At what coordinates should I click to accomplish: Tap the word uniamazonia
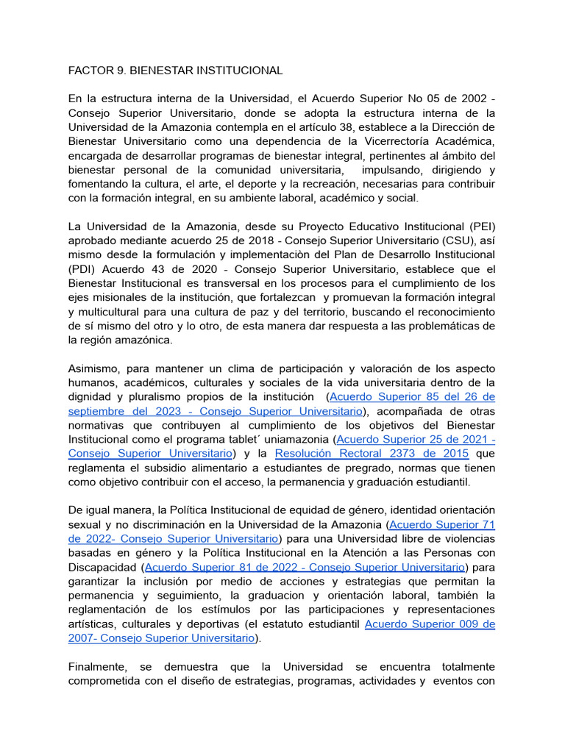click(295, 439)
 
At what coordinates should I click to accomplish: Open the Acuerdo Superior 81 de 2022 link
click(305, 567)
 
